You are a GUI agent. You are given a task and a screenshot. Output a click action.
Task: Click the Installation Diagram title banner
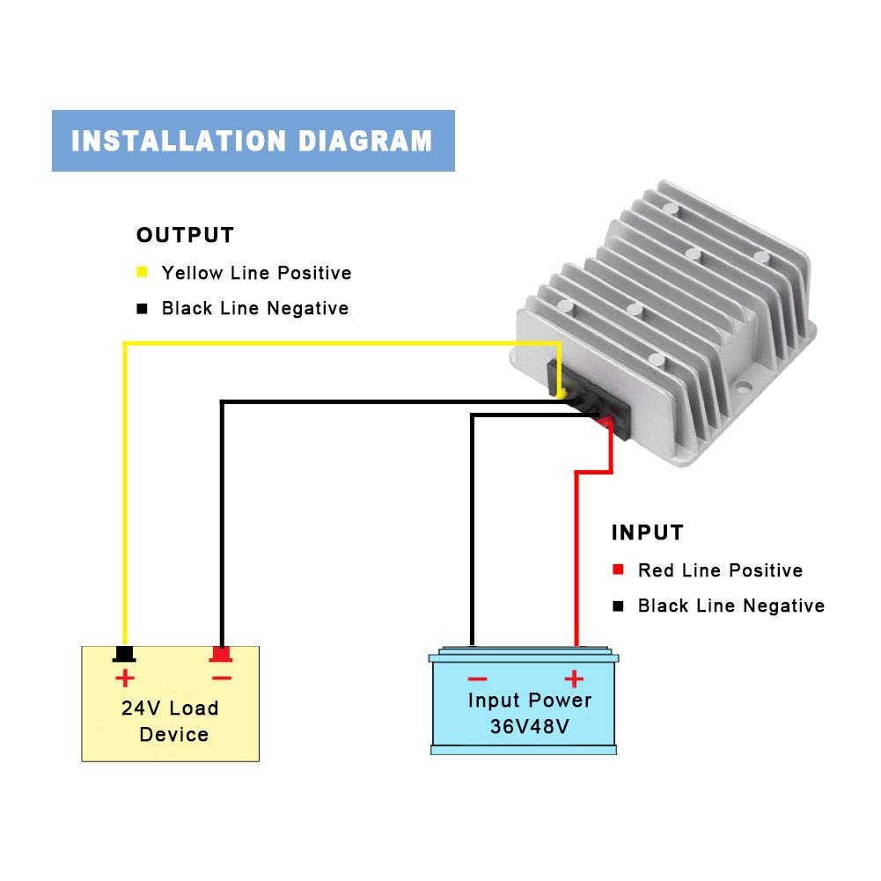(x=253, y=141)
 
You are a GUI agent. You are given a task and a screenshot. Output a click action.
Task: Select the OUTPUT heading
(x=185, y=235)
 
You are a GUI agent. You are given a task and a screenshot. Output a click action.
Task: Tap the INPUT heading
(x=647, y=532)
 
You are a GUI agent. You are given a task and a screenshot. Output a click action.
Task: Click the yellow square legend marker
(x=143, y=272)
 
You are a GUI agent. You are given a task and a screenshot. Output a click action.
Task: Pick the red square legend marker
(x=618, y=569)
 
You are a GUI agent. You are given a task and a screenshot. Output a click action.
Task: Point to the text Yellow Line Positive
(x=256, y=273)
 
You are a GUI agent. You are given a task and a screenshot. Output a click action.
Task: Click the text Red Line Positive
(x=720, y=570)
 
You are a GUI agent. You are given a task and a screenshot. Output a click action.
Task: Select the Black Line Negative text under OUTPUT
(x=255, y=308)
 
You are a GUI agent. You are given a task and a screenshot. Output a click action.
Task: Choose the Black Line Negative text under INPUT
(x=731, y=606)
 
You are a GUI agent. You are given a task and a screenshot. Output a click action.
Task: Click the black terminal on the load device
(x=124, y=654)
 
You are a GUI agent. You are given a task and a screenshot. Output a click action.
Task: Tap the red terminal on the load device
(x=221, y=654)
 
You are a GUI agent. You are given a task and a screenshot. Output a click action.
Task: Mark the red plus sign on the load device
(x=125, y=679)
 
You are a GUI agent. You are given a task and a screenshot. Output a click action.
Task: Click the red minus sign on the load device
(x=222, y=679)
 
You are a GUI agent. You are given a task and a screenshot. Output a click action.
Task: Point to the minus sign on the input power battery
(x=477, y=679)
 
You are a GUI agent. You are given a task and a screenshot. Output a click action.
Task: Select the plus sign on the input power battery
(x=574, y=679)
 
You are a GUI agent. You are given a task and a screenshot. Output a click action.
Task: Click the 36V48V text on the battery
(x=529, y=726)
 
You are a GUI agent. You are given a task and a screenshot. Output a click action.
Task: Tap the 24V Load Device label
(x=170, y=721)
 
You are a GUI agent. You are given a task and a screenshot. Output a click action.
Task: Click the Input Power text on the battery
(x=530, y=700)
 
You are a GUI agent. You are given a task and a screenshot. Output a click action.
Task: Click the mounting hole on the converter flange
(x=744, y=386)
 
